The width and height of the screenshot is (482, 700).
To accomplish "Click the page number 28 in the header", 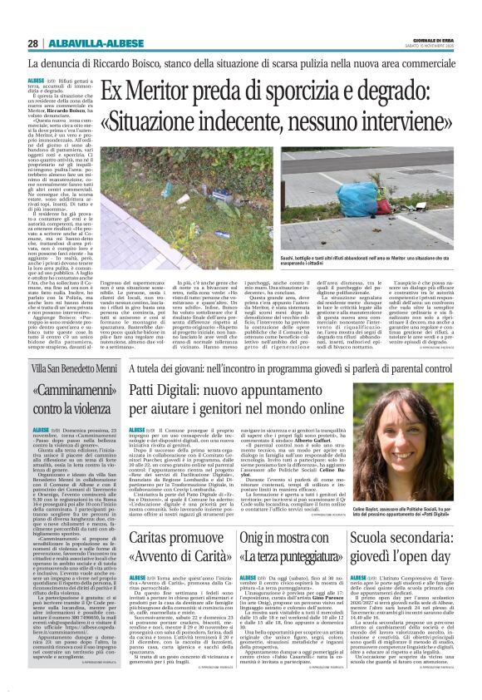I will click(x=32, y=43).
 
